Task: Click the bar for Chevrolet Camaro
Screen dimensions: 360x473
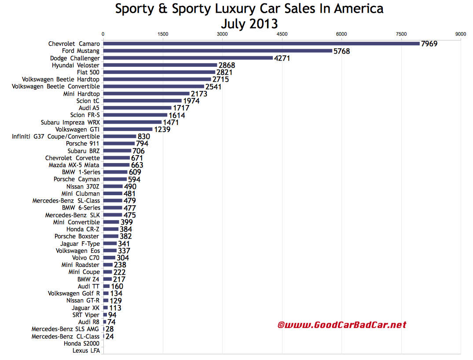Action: (261, 44)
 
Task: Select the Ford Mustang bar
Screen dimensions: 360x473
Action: (217, 51)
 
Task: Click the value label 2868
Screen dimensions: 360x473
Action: (227, 65)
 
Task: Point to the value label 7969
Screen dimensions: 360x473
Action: (429, 44)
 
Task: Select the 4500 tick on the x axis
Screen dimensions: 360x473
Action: (282, 34)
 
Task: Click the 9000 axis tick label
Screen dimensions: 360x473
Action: (461, 34)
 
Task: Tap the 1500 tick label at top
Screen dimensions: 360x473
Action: (163, 34)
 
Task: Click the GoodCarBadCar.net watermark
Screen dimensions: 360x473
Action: (342, 325)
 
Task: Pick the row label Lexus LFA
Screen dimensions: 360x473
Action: (86, 350)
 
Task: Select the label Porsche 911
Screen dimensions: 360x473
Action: (83, 144)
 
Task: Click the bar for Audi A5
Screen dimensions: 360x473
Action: (137, 108)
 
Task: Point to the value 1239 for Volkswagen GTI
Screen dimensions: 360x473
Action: (162, 129)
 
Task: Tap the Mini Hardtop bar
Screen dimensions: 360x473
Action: (146, 94)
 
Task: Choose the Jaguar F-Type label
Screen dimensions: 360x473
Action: (80, 244)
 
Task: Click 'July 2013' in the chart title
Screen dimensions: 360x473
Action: (249, 23)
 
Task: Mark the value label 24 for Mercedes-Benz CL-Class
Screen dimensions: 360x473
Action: (109, 336)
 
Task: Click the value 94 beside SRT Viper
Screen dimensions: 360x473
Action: (112, 315)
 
